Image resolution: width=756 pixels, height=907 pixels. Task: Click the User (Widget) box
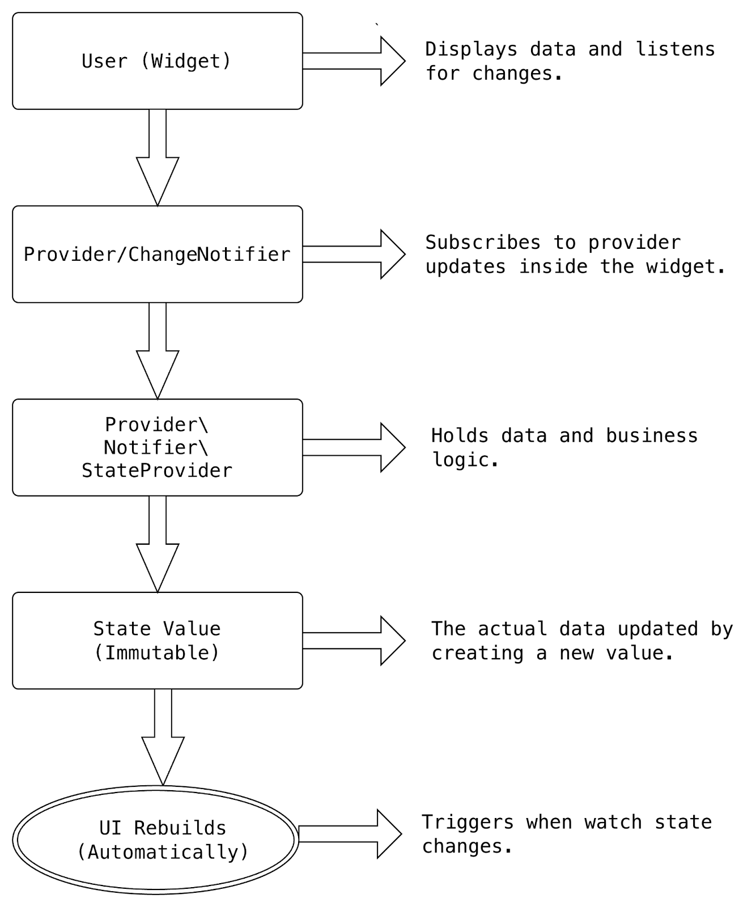point(157,61)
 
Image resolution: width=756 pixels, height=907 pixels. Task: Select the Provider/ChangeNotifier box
point(157,254)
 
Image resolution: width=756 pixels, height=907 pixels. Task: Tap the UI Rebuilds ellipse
point(156,840)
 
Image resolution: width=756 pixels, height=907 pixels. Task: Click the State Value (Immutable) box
point(157,641)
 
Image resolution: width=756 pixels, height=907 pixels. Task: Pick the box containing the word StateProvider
point(157,447)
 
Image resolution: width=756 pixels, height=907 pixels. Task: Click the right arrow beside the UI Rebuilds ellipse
point(349,834)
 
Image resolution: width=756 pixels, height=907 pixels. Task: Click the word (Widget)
point(186,61)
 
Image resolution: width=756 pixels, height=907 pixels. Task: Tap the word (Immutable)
point(156,652)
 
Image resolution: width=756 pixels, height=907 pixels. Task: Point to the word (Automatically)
point(163,852)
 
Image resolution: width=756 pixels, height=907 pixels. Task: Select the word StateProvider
point(157,471)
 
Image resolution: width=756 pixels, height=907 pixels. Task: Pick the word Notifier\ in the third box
point(156,448)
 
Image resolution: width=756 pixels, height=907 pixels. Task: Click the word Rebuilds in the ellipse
point(180,828)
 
